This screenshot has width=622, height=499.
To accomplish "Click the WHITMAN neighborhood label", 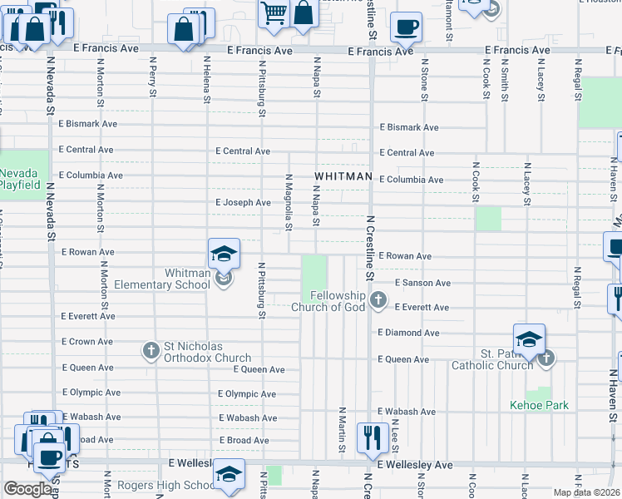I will click(x=343, y=176).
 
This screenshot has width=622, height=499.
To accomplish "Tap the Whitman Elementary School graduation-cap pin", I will click(x=224, y=254).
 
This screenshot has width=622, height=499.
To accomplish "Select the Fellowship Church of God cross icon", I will click(x=378, y=299).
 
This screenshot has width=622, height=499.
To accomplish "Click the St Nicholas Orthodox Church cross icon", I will click(x=151, y=350).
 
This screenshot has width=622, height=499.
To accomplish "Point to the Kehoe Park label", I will click(x=539, y=405).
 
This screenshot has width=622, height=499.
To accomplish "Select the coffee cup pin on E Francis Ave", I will click(x=406, y=27).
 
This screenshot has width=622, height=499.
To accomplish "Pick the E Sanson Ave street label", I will click(x=422, y=283).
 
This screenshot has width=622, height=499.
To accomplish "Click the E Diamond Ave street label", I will click(x=408, y=333).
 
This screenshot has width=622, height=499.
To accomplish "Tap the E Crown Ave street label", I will click(x=86, y=342).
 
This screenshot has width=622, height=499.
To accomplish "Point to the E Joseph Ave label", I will click(x=243, y=202).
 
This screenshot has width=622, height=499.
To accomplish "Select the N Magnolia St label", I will click(x=289, y=202).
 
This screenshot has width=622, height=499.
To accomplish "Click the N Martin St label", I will click(x=342, y=431).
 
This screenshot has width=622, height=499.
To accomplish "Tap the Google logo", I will click(x=27, y=488).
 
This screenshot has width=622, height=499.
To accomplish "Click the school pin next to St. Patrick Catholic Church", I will click(x=529, y=339).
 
